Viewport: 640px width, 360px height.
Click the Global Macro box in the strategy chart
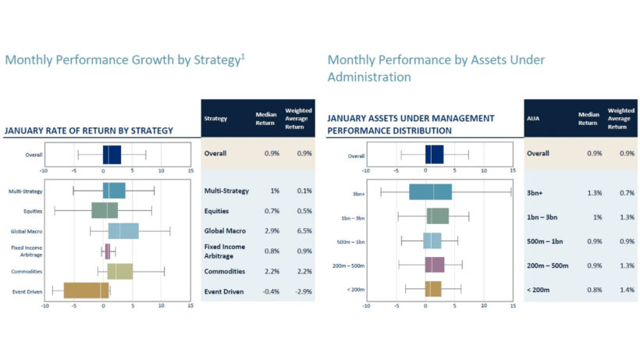[123, 231]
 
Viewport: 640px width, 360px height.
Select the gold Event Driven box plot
[86, 290]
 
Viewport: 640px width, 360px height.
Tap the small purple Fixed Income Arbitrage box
[108, 251]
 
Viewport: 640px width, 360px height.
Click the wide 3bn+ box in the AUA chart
[430, 192]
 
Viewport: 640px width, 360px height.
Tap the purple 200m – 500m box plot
[435, 265]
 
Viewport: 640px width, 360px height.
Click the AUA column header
[539, 119]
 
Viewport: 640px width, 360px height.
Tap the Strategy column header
[215, 119]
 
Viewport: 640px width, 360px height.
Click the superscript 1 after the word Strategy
[242, 55]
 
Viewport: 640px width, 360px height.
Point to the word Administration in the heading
[368, 77]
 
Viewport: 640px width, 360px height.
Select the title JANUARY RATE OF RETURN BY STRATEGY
[89, 130]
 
